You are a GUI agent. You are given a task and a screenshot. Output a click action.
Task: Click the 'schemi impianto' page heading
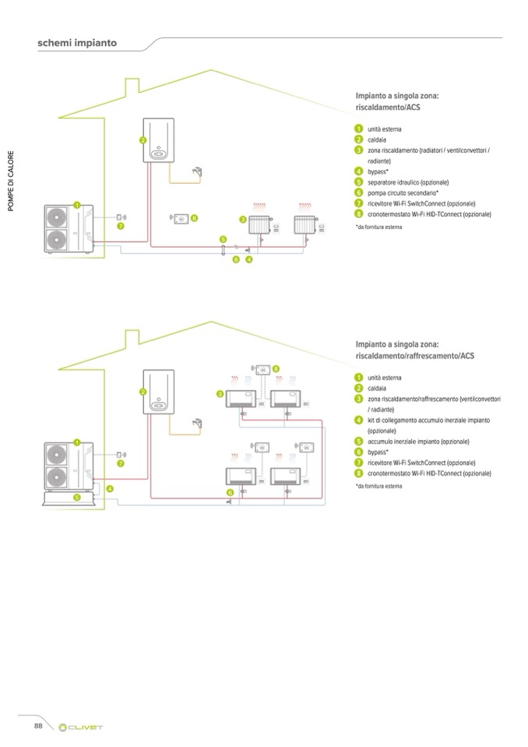coord(76,43)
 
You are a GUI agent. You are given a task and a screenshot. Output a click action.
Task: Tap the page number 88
coord(37,725)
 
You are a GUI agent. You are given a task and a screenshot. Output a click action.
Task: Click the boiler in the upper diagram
coord(157,141)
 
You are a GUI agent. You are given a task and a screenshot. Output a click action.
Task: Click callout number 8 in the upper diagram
coord(194,219)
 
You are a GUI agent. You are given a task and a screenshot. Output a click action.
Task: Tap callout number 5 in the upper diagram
coord(223,239)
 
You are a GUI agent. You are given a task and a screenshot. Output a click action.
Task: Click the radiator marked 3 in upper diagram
coord(259,225)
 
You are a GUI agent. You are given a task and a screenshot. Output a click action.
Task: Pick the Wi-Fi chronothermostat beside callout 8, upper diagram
coord(181,219)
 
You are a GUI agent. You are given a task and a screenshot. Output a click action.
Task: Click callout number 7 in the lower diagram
coord(121,463)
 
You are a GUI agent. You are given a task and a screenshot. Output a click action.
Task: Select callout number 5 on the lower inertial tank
coord(77,496)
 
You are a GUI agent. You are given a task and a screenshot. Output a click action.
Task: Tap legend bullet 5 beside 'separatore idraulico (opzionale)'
coord(359,181)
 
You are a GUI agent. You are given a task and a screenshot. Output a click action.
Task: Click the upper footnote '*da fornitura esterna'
coord(380,227)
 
